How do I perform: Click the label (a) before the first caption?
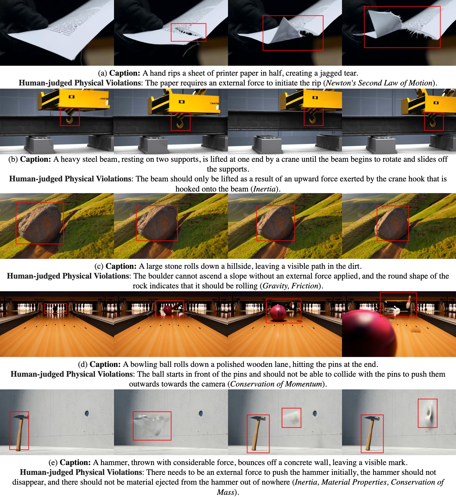point(102,73)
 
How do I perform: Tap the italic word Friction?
point(305,286)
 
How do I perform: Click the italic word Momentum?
point(304,384)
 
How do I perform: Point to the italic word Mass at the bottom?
point(225,492)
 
